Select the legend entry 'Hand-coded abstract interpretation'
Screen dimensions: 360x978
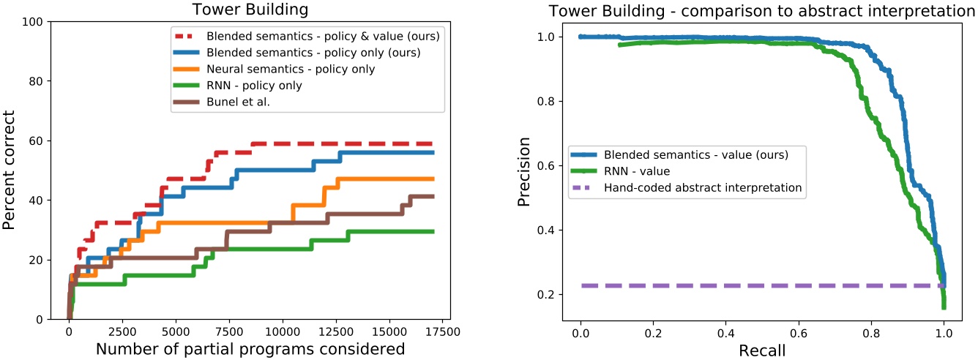coord(703,187)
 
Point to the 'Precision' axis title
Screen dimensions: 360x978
coord(524,170)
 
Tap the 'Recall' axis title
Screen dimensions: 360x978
coord(762,349)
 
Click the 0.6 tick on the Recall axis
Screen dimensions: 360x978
coord(799,330)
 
